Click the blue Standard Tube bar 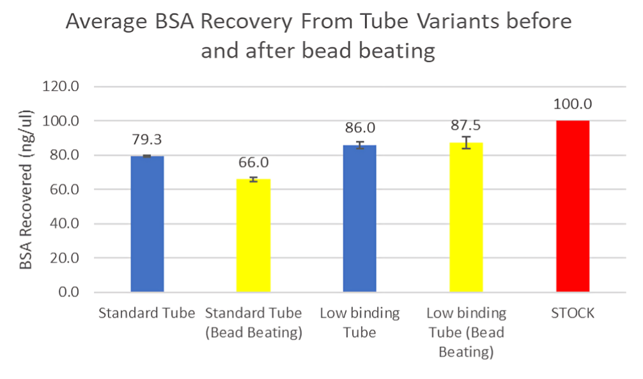[x=147, y=224]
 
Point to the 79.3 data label [x=147, y=140]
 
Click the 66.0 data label [x=253, y=163]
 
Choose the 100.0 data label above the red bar [x=572, y=104]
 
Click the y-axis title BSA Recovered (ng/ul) [x=26, y=189]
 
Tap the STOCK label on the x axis [x=572, y=314]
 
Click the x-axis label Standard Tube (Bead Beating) [x=253, y=323]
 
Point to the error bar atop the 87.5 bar [x=466, y=143]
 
